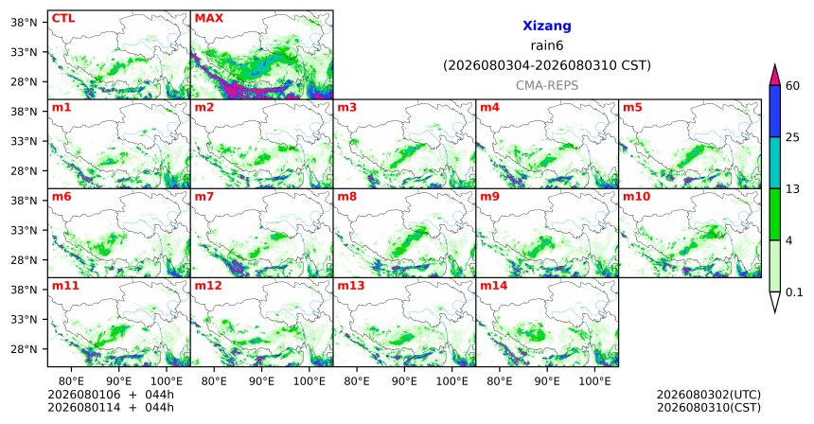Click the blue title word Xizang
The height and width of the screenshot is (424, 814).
pos(547,26)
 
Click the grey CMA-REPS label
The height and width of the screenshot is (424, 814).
pos(547,85)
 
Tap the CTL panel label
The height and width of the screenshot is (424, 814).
pos(63,18)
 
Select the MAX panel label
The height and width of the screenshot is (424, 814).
pos(208,18)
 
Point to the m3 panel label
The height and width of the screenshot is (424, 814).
pos(347,108)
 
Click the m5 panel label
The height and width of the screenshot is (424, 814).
pos(632,108)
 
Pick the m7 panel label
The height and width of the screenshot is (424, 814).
pos(204,197)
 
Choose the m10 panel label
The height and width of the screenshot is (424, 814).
pos(636,197)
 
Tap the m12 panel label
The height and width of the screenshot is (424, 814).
pos(208,286)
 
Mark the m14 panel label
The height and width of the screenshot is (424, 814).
pos(494,286)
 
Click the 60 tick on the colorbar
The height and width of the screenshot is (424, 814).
pos(793,85)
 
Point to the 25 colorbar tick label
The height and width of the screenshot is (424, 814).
pos(793,137)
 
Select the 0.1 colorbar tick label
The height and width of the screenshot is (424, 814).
pos(794,292)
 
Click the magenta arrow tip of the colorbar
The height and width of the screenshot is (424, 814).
pos(775,65)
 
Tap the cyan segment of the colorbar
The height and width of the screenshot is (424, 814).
pos(775,163)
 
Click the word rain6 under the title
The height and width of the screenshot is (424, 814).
pos(547,45)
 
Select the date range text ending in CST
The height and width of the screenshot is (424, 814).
pos(547,65)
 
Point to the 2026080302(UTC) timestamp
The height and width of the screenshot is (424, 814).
pos(709,395)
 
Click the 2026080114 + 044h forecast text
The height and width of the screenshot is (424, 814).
pos(111,407)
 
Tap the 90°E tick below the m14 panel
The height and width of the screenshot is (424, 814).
pos(547,381)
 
